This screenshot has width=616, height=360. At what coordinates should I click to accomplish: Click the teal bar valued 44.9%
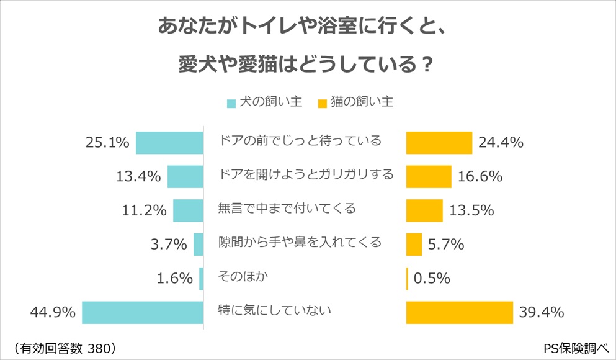(143, 312)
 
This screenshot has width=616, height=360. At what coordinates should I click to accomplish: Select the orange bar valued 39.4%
(460, 312)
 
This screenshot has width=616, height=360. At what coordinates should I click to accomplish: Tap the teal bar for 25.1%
(169, 143)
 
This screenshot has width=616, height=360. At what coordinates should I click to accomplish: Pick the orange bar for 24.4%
(439, 143)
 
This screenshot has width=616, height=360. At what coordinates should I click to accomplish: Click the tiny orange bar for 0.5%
(407, 279)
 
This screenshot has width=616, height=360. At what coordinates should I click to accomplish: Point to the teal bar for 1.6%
(201, 279)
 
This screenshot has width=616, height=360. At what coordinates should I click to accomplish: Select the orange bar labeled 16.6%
(429, 177)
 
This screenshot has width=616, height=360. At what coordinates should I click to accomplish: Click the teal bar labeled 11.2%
(188, 210)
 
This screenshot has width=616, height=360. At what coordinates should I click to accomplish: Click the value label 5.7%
(446, 245)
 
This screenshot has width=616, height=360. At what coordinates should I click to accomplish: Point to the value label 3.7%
(169, 245)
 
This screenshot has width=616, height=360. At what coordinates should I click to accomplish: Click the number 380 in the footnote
(97, 346)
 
